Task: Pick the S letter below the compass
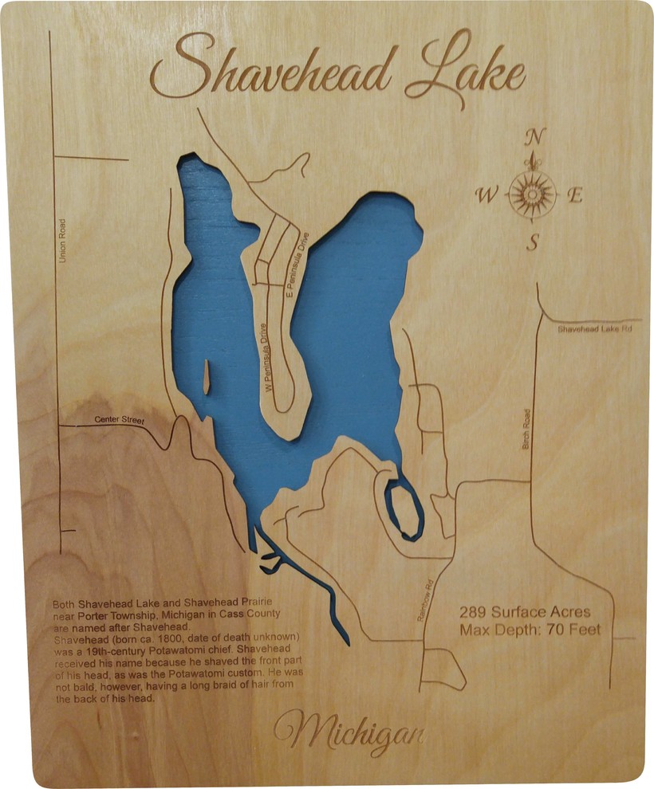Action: pos(532,243)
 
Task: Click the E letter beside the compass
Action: pos(574,195)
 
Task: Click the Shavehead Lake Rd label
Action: pos(594,328)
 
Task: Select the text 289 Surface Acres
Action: pos(525,612)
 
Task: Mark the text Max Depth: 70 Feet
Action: pos(529,630)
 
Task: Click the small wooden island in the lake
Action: pos(206,376)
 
